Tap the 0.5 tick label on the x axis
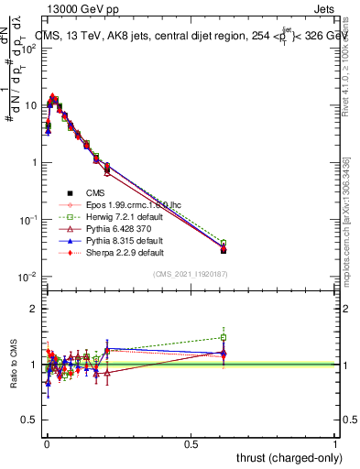pyautogui.click(x=191, y=444)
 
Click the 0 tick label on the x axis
pyautogui.click(x=46, y=444)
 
